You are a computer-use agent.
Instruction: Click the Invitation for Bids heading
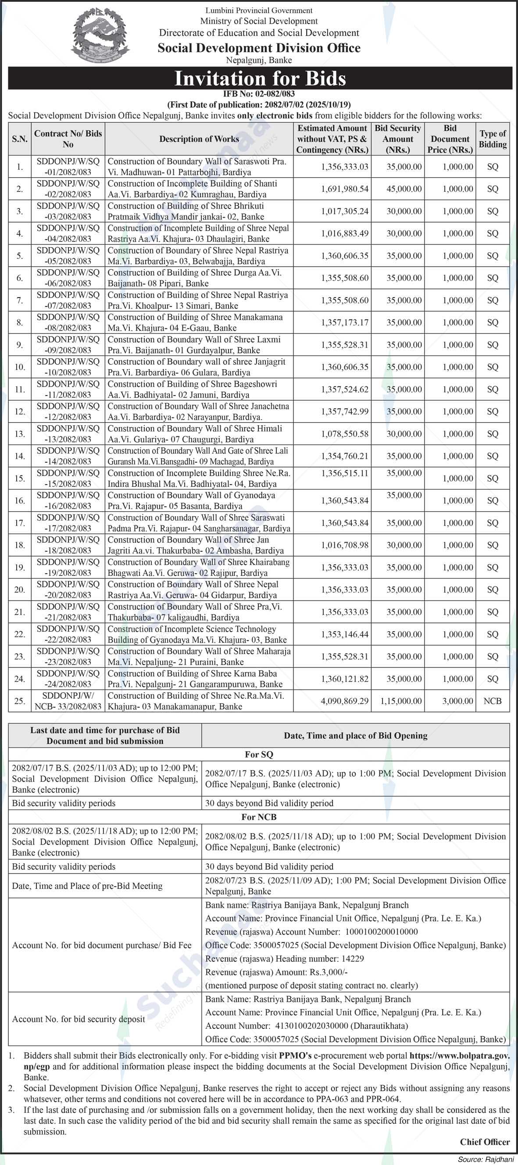pos(260,78)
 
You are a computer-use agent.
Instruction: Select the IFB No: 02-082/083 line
pos(259,94)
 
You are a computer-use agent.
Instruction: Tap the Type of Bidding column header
pos(493,139)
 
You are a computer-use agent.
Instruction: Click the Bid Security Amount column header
pos(398,139)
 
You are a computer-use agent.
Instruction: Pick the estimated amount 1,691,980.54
pos(344,189)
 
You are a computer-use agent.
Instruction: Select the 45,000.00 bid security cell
pos(404,189)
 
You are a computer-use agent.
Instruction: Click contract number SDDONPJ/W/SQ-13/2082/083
pos(68,434)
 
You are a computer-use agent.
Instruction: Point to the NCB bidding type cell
pos(492,701)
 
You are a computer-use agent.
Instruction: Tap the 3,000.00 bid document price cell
pos(457,701)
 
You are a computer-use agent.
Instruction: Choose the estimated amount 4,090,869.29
pos(344,701)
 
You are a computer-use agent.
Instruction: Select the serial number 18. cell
pos(19,545)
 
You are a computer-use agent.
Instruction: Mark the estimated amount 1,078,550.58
pos(344,434)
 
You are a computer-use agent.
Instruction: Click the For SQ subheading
pos(259,755)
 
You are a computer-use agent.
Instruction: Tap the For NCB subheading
pos(259,817)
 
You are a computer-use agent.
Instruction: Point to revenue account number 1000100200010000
pos(382,931)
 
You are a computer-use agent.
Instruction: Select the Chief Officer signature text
pos(485,1142)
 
